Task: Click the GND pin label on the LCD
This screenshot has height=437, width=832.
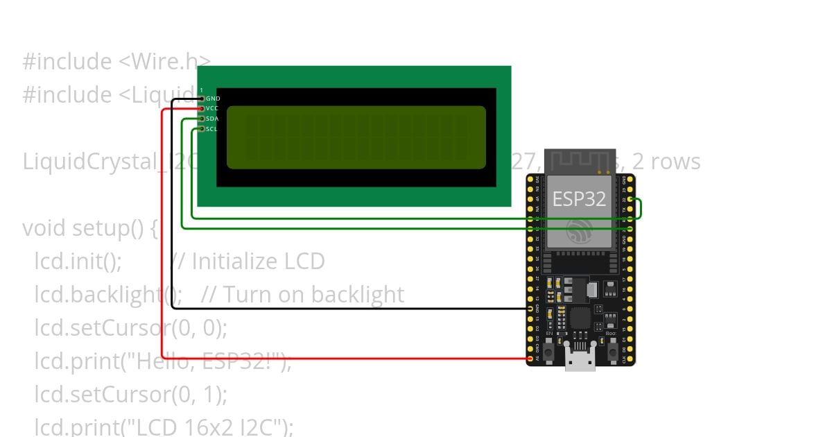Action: (213, 99)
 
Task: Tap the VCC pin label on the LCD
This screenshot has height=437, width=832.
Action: (212, 109)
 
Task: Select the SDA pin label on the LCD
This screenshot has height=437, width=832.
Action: (212, 119)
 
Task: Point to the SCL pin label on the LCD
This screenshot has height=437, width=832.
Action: (212, 129)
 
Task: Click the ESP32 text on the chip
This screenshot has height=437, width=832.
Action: (579, 200)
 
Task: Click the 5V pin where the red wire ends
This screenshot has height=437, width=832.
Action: (530, 359)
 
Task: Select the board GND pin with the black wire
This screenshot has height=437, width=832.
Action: (530, 309)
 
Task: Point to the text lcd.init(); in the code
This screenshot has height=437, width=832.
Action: (78, 262)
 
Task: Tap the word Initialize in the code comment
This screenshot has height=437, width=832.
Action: (234, 262)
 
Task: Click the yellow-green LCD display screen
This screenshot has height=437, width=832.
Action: (356, 137)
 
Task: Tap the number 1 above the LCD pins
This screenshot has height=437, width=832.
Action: (201, 91)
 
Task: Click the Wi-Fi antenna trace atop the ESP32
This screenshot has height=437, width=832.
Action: (580, 162)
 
